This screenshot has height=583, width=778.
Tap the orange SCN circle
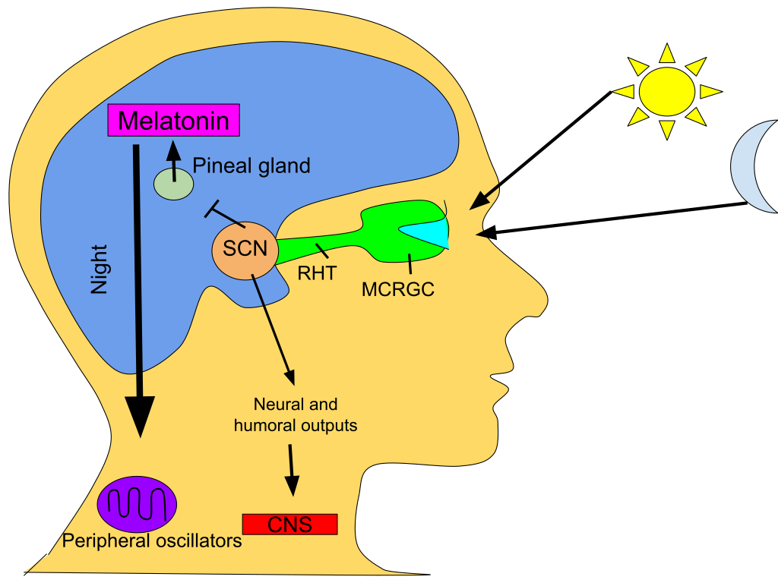tap(245, 248)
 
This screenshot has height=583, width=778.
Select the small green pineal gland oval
tap(174, 184)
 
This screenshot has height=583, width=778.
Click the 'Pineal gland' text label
tap(251, 165)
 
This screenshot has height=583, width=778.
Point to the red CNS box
tap(289, 524)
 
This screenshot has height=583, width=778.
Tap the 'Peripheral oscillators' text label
tap(152, 541)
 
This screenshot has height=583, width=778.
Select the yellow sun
tap(667, 91)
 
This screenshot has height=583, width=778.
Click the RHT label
tap(317, 273)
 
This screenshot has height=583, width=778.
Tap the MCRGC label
tap(398, 289)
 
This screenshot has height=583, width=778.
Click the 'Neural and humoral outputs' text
tap(296, 414)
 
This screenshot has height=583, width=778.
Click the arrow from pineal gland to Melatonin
tap(174, 159)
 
